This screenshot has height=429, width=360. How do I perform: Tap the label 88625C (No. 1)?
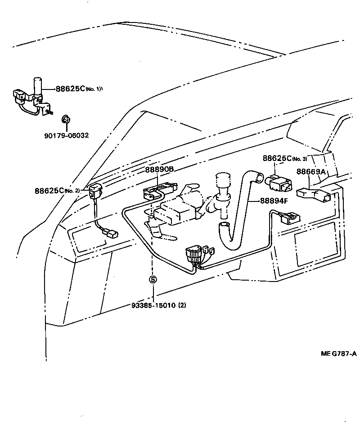(x=79, y=89)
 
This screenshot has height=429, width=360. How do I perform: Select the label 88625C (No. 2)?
(x=57, y=190)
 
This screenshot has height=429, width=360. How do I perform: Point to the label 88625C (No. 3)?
(x=284, y=159)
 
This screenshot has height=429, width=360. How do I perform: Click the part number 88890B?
(x=159, y=170)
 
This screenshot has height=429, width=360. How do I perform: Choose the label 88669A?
(x=311, y=171)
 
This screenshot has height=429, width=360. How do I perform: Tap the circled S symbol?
(x=153, y=280)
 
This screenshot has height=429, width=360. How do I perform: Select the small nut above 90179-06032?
(x=65, y=119)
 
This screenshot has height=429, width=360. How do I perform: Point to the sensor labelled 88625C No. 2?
(x=96, y=192)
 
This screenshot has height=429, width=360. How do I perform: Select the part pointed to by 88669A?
(x=315, y=195)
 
